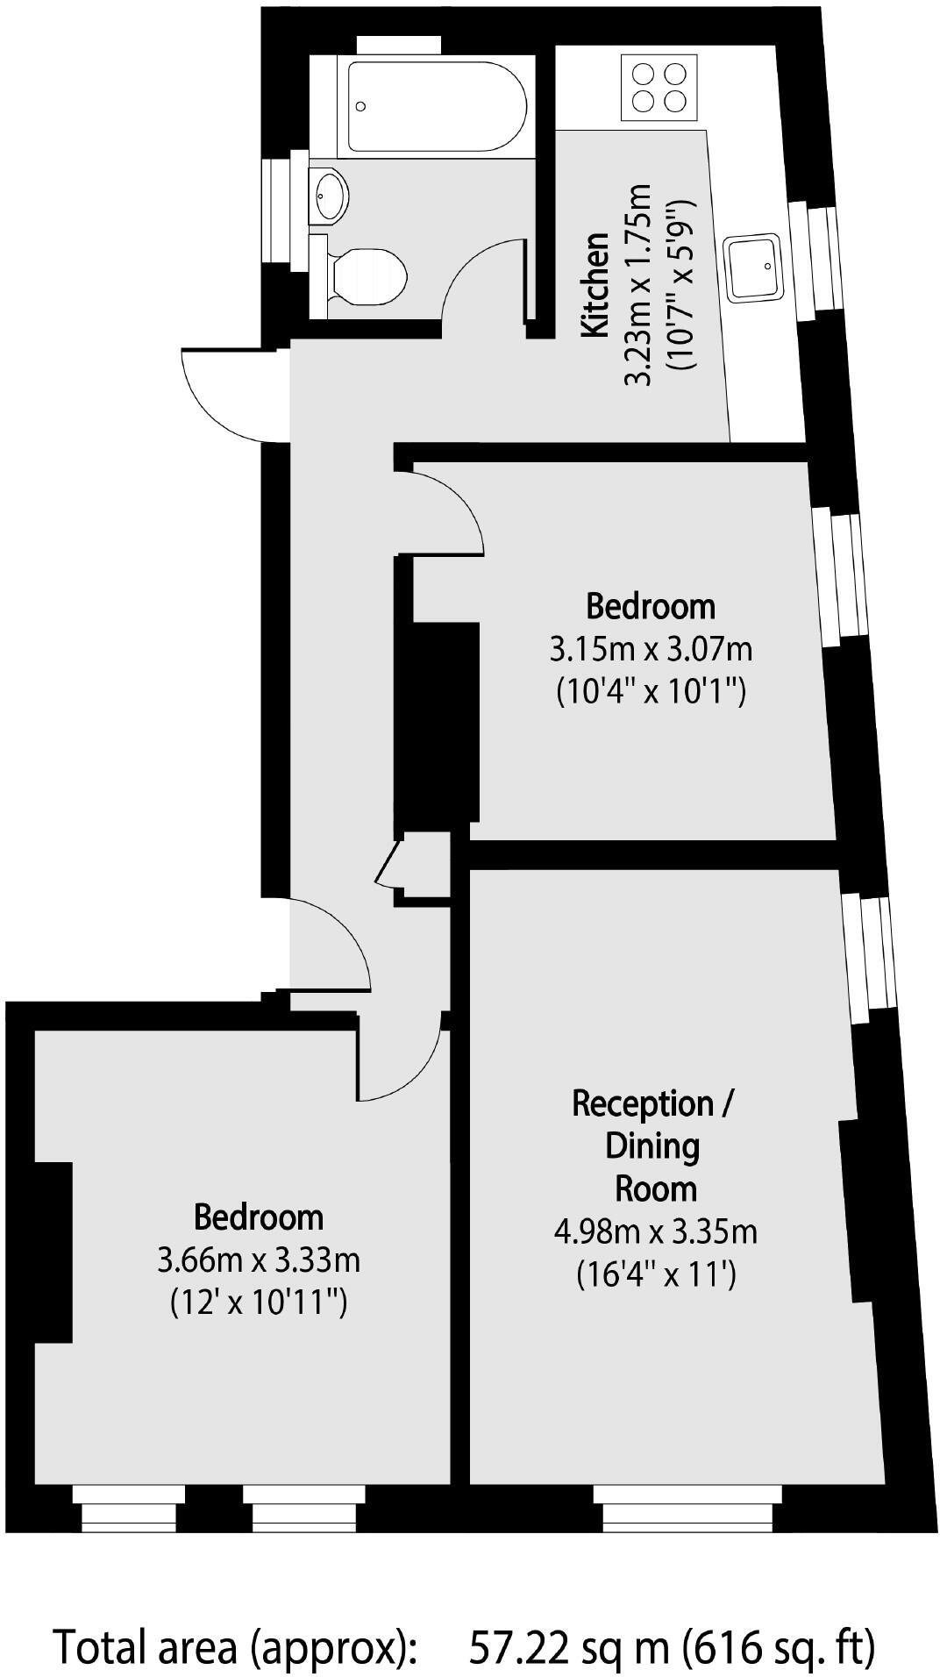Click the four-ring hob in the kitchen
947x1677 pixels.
pyautogui.click(x=659, y=87)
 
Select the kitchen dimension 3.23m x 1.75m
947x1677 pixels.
pyautogui.click(x=637, y=285)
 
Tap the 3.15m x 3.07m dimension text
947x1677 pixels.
pyautogui.click(x=651, y=651)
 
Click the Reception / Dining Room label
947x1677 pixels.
pyautogui.click(x=652, y=1145)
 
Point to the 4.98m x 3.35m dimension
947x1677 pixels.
pyautogui.click(x=655, y=1231)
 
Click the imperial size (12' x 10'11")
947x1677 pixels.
pyautogui.click(x=259, y=1302)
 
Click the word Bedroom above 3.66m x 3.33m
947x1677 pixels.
pyautogui.click(x=259, y=1217)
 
